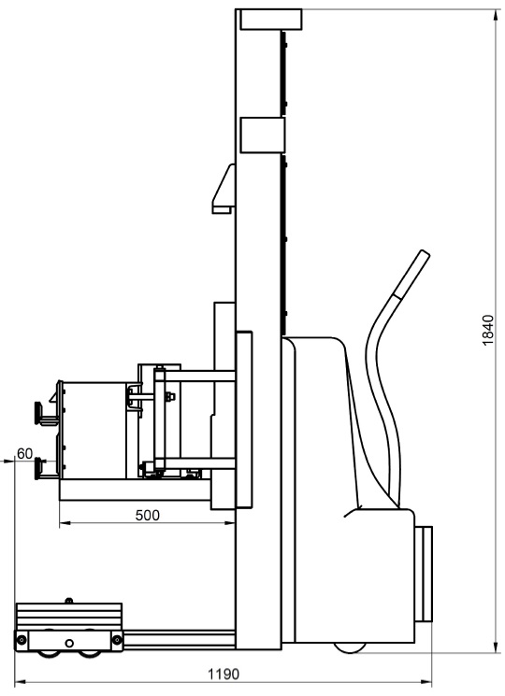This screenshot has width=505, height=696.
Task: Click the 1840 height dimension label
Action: (487, 330)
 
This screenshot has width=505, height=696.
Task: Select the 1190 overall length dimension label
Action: (224, 675)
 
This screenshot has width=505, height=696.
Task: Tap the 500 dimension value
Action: (147, 516)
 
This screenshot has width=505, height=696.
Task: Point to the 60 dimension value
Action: (25, 453)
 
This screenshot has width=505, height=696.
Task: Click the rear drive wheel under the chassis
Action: (350, 647)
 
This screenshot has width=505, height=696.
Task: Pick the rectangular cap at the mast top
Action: (271, 19)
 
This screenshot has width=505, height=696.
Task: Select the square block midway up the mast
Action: (262, 135)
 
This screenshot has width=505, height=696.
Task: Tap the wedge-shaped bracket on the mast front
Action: (224, 189)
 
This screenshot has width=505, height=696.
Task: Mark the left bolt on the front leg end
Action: (22, 640)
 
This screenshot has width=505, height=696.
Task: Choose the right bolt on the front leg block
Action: (117, 640)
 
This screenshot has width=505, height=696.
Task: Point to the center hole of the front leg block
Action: (69, 643)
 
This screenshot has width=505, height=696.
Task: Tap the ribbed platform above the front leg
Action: (69, 616)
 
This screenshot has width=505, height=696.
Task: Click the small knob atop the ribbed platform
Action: (68, 601)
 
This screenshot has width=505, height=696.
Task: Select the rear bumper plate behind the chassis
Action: (426, 574)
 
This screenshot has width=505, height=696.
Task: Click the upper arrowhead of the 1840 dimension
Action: (496, 15)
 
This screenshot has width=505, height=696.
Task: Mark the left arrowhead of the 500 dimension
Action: (65, 523)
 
